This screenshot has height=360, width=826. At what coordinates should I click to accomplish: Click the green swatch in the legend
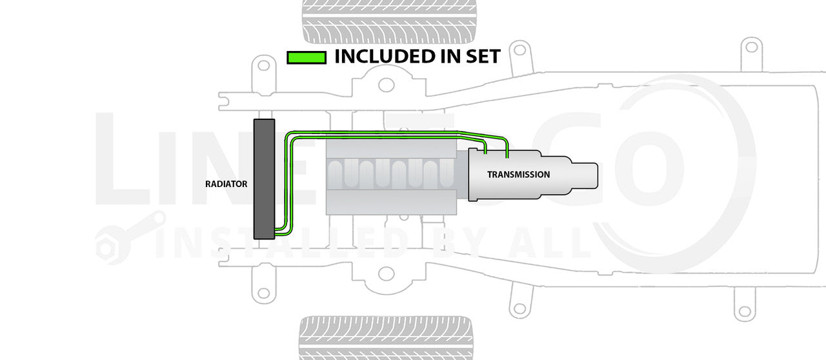pos(306,57)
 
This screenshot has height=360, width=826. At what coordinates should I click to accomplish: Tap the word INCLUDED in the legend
pos(387,57)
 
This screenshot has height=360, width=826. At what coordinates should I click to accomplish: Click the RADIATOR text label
pos(225,184)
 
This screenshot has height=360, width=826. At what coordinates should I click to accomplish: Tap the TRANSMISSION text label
pos(518,174)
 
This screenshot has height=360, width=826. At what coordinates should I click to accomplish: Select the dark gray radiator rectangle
pos(264,179)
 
